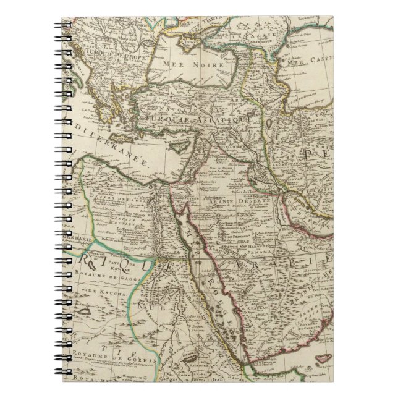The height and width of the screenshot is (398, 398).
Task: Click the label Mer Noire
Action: click(x=176, y=63)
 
